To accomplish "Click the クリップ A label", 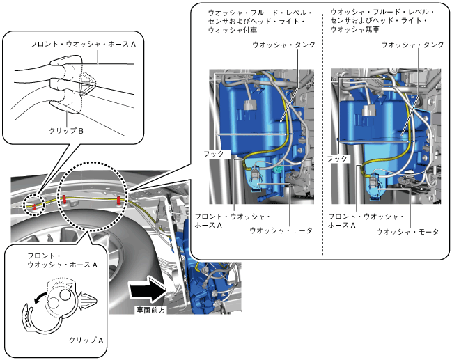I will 86,341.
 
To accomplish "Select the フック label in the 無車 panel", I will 338,159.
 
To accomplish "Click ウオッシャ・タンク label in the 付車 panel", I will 285,45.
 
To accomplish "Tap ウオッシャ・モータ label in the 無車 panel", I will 407,231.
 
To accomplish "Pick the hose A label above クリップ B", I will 83,43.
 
